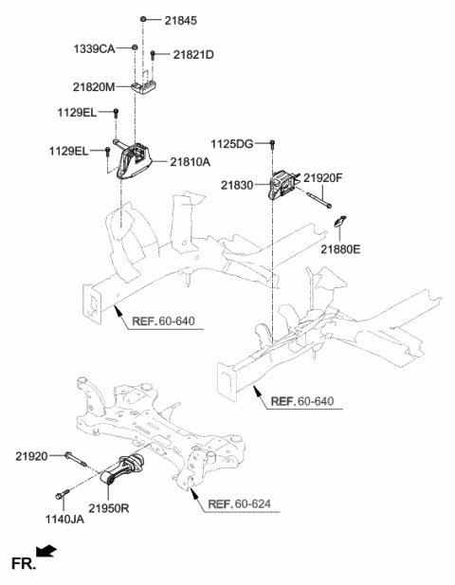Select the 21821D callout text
coord(193,55)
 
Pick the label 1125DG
coord(233,143)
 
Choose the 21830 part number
coord(239,185)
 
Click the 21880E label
coord(341,249)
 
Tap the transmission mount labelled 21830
coord(284,185)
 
